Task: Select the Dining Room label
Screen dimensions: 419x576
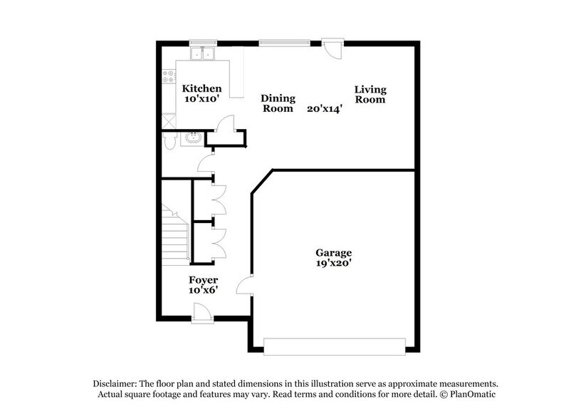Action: (278, 103)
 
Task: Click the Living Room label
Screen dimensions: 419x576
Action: (370, 94)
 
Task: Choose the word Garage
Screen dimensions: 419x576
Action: (334, 252)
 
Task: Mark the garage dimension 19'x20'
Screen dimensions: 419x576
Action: (334, 263)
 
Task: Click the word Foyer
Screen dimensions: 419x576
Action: (203, 279)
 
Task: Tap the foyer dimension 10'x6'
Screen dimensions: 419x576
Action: (203, 290)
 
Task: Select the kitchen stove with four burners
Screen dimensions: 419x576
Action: (169, 76)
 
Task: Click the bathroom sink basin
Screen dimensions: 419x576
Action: (192, 138)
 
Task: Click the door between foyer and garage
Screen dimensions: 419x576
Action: (245, 286)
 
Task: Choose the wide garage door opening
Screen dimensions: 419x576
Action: (334, 346)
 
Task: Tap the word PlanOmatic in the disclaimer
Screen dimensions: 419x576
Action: (468, 394)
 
